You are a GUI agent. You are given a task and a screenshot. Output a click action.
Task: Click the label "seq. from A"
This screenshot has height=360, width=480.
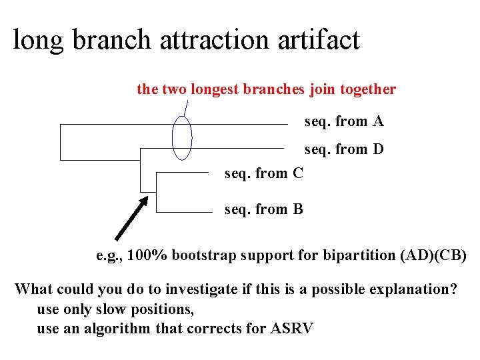(344, 121)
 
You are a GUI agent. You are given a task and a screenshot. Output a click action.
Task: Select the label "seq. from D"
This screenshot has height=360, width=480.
(344, 149)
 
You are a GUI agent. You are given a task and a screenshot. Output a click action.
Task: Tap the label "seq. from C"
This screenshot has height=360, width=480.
(264, 174)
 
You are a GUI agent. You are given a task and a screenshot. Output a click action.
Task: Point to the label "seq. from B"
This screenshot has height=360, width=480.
(264, 209)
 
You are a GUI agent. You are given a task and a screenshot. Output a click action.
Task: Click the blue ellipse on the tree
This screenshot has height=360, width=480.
(181, 138)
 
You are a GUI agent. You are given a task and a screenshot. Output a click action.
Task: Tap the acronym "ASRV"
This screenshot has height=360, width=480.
(291, 328)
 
